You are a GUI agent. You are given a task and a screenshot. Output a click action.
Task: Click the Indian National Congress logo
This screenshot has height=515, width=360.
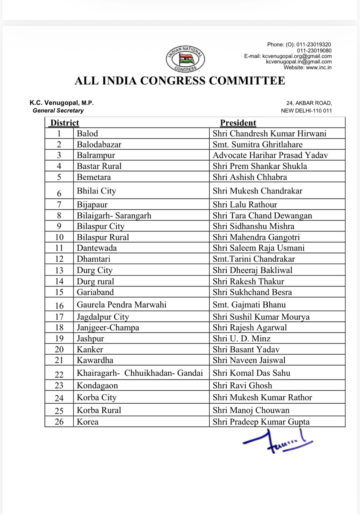coord(185,59)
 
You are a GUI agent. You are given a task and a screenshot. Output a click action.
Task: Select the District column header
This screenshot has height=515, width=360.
coord(65,123)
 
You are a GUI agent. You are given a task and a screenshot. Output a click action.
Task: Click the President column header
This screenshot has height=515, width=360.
coord(238,123)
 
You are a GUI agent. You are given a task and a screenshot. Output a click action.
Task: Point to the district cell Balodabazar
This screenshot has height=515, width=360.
coord(99,144)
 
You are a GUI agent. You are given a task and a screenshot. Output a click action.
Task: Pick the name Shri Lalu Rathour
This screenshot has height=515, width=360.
coord(245,205)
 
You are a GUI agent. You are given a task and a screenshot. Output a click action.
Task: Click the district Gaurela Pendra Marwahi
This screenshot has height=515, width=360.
coord(121,304)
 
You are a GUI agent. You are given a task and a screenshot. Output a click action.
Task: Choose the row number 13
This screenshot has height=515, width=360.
coord(59,270)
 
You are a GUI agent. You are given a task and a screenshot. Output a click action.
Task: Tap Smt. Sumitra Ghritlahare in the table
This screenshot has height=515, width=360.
coord(258,144)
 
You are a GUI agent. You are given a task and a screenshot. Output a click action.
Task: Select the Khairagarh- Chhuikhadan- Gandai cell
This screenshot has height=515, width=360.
coord(140,373)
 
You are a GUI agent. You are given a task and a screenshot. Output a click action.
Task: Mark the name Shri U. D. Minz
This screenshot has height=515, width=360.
coord(242,338)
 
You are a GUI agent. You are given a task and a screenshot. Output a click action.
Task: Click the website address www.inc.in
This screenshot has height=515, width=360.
coord(318,68)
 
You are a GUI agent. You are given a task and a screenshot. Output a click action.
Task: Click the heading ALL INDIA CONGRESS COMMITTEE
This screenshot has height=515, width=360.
coord(180,80)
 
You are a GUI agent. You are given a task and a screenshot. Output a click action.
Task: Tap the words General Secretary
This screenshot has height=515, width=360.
coord(58,110)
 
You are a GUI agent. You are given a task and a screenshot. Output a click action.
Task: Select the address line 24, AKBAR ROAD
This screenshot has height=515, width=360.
coord(309,103)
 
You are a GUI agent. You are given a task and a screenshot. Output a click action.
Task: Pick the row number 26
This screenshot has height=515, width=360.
coord(59,422)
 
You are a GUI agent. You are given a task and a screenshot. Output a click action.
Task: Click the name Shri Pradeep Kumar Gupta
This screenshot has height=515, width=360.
coord(261,422)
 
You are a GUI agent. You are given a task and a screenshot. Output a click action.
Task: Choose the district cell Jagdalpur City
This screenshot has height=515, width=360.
coord(103,317)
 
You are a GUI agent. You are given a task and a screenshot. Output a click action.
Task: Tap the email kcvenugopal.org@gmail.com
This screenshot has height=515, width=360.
coord(297,56)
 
